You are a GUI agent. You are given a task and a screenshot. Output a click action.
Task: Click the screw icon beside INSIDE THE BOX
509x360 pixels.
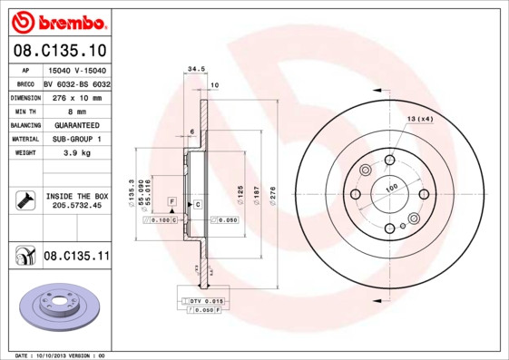tap(24, 200)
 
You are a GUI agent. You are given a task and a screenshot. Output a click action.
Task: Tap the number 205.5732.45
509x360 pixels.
tap(77, 206)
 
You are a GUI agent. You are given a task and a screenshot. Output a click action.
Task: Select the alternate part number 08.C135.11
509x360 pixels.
tap(76, 257)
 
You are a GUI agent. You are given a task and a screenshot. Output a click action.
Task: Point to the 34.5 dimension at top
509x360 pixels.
tap(191, 69)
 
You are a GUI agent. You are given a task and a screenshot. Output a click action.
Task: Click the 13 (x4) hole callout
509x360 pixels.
tap(419, 119)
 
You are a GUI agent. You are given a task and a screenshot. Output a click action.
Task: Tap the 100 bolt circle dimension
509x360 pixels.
tap(392, 188)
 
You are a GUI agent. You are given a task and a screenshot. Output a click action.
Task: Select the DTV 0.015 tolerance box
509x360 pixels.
tap(205, 300)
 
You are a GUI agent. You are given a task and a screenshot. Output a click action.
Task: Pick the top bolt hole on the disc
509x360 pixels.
tap(388, 161)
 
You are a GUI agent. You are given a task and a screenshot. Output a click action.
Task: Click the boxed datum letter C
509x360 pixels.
tap(197, 205)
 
